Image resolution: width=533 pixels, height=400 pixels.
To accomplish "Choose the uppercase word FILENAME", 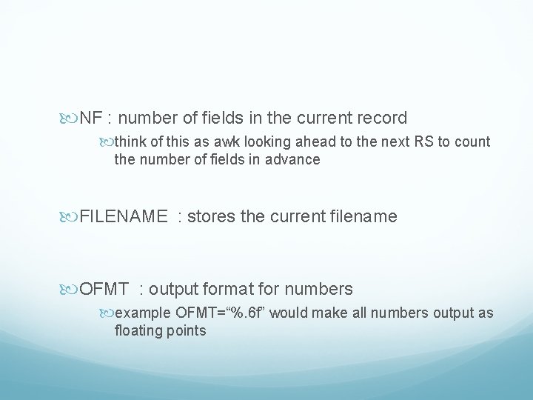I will tap(123, 217).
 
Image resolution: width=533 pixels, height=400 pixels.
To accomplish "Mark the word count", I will tap(474, 142).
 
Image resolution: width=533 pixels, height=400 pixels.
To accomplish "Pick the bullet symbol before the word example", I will tap(109, 313).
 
